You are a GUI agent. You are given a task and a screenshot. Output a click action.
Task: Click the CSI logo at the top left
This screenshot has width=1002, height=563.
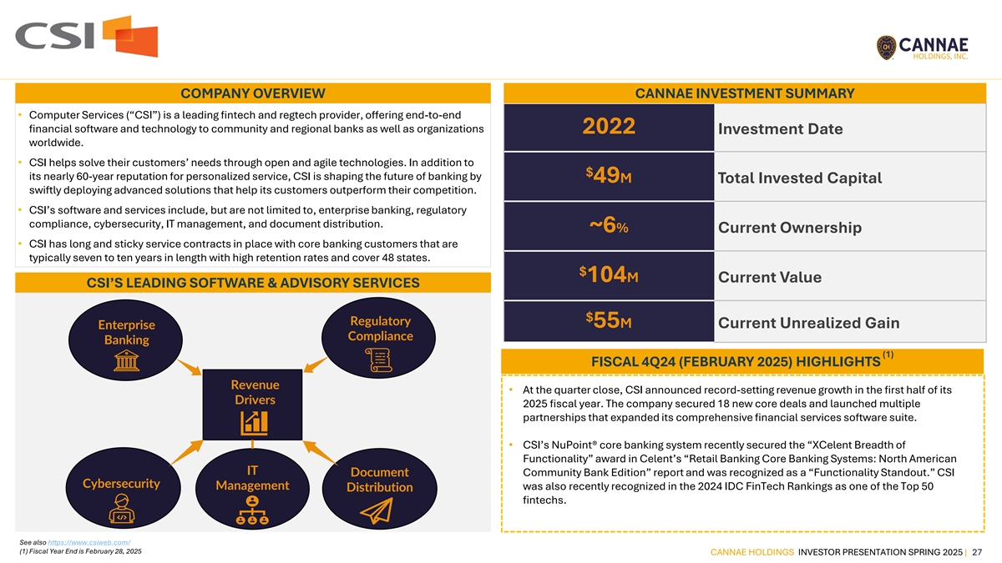click(x=86, y=36)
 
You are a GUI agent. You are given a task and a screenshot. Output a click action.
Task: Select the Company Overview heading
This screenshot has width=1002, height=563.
click(x=253, y=93)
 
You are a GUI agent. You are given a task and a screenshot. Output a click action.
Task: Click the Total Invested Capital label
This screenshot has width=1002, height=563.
click(x=799, y=178)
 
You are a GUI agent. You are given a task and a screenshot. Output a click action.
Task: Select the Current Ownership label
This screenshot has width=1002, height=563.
click(x=789, y=228)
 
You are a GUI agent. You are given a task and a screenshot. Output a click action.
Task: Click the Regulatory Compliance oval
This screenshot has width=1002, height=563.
click(x=381, y=339)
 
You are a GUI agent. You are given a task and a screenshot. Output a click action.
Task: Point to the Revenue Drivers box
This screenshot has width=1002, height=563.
click(x=255, y=403)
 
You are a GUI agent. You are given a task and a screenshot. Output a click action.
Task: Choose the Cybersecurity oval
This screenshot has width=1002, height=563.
click(x=122, y=492)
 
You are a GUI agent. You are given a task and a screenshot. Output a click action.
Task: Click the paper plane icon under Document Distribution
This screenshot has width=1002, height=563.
click(x=381, y=511)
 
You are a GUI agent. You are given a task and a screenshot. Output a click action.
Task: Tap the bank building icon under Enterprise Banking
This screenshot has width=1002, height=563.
click(x=126, y=361)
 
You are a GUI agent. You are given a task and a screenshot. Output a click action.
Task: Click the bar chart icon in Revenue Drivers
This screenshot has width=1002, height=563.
click(x=255, y=421)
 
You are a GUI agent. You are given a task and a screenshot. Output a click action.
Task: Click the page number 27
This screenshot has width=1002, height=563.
click(x=976, y=551)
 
